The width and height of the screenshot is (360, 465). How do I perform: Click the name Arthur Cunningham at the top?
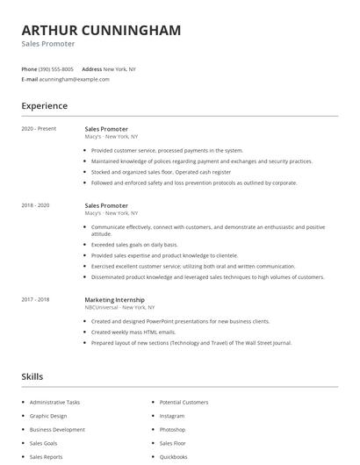click(x=101, y=30)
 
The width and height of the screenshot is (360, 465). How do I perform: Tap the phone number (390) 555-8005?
click(x=56, y=68)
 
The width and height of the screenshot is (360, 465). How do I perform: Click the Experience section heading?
click(x=44, y=106)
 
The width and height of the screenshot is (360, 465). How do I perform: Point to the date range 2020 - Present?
click(x=39, y=129)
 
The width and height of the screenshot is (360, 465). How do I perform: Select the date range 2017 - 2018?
click(x=35, y=299)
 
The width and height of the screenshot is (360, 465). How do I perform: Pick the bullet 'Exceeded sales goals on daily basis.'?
click(x=134, y=245)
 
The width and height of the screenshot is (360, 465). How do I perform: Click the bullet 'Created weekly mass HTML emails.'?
click(x=133, y=332)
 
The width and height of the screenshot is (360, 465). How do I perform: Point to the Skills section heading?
click(x=32, y=376)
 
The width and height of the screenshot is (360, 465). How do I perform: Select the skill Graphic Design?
click(x=48, y=416)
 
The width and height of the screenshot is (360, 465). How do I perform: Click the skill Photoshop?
click(x=172, y=430)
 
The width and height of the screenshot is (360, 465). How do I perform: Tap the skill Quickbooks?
click(x=173, y=457)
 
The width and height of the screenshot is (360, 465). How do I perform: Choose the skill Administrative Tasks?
click(x=54, y=402)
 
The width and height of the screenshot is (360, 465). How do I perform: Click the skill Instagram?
click(x=172, y=416)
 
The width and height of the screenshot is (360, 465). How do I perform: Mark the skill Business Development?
click(x=57, y=430)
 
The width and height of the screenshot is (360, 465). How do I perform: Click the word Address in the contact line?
click(x=91, y=68)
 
